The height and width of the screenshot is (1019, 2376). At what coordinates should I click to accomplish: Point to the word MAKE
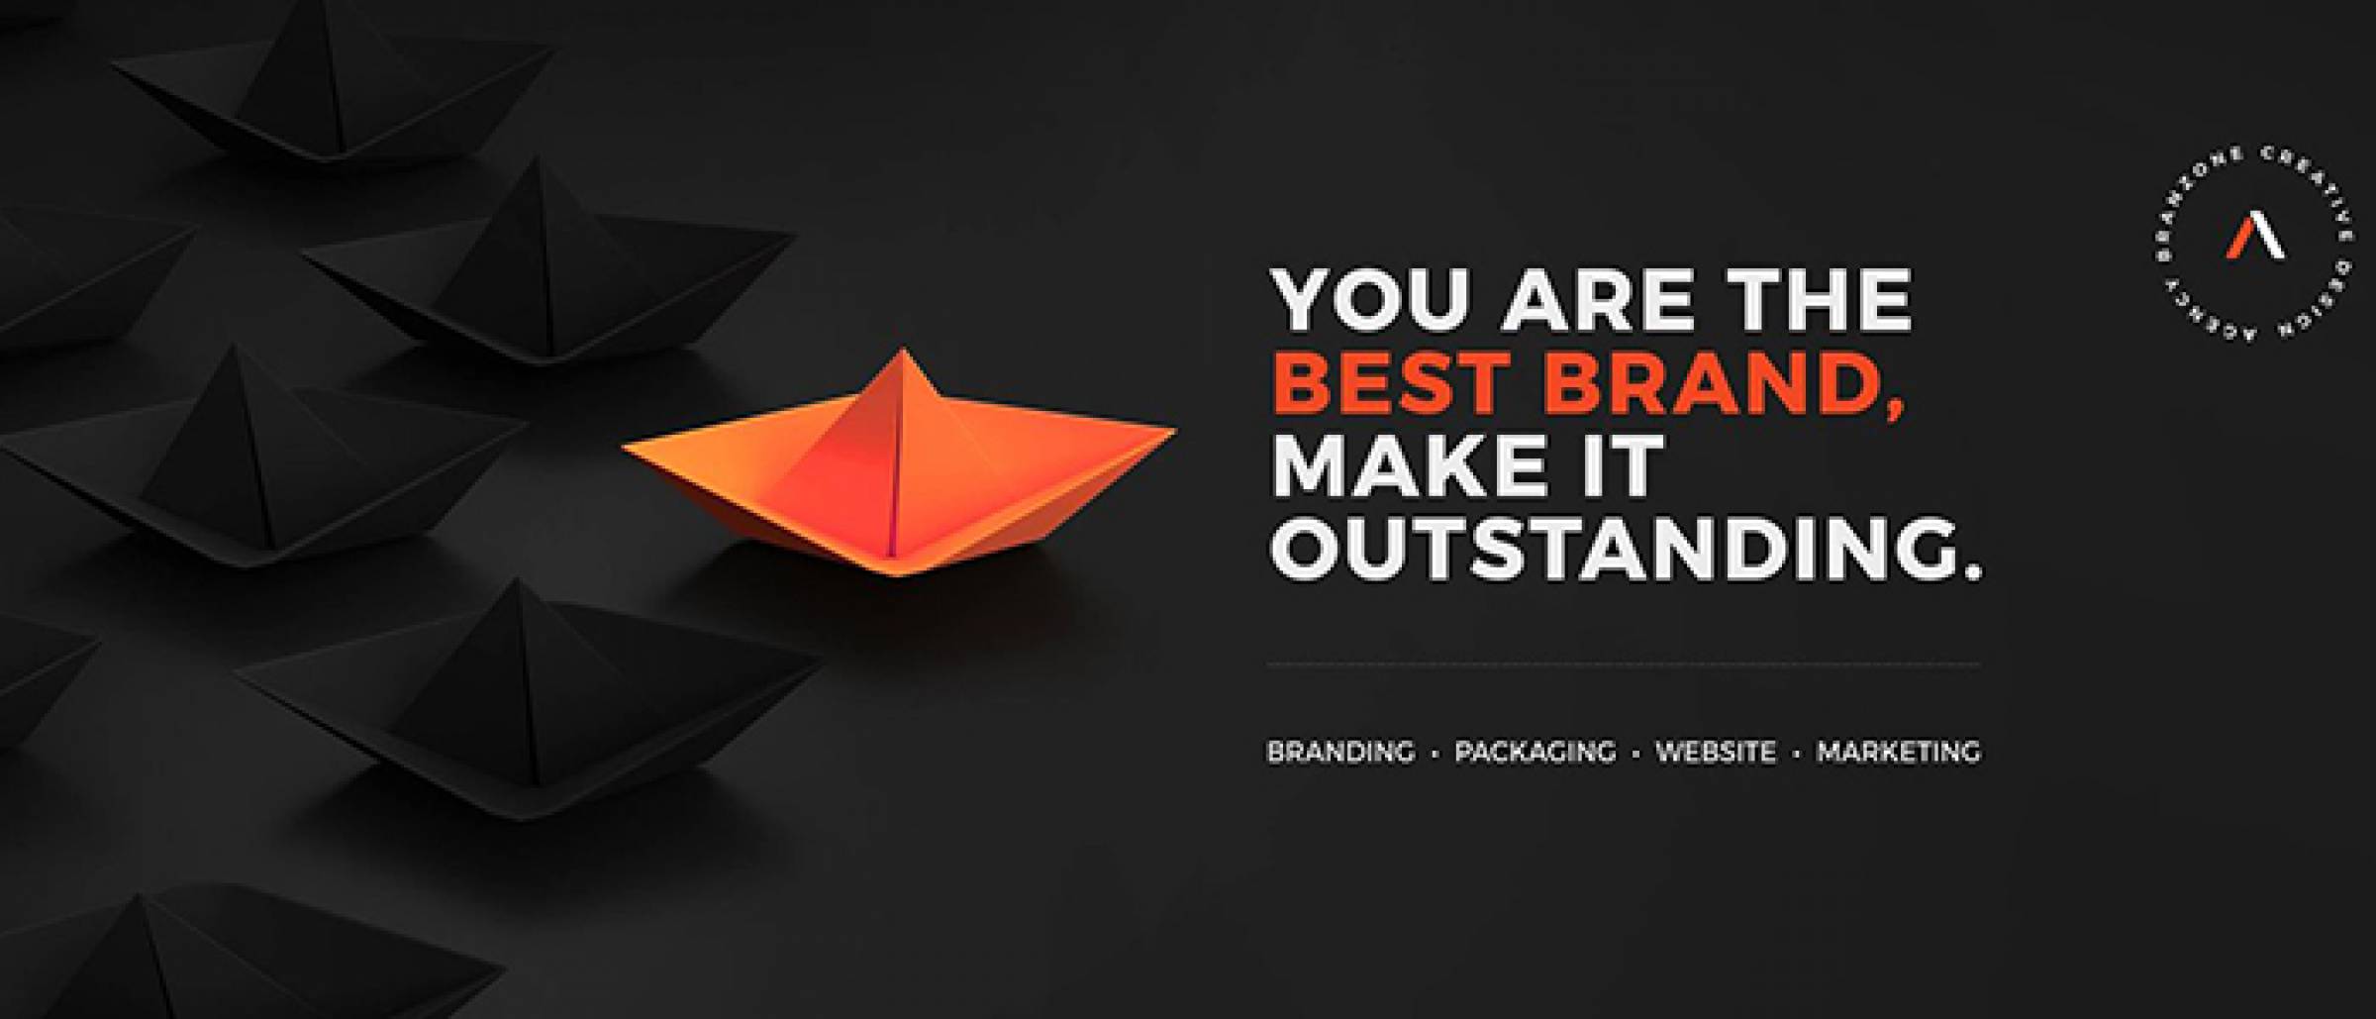pyautogui.click(x=1414, y=462)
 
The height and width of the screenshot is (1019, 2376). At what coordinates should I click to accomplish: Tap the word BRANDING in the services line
pyautogui.click(x=1340, y=752)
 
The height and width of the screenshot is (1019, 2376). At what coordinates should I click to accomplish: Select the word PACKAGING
pyautogui.click(x=1534, y=752)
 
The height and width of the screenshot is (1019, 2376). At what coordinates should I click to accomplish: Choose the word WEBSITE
pyautogui.click(x=1716, y=752)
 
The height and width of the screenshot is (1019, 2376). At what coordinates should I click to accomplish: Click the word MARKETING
pyautogui.click(x=1899, y=752)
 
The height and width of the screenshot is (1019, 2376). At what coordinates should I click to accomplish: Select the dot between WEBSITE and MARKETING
pyautogui.click(x=1796, y=754)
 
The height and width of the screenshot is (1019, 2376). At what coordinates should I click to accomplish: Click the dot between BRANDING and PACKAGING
pyautogui.click(x=1435, y=754)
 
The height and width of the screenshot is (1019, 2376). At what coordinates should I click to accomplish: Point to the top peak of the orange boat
pyautogui.click(x=901, y=349)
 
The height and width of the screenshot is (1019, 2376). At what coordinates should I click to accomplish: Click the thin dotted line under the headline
pyautogui.click(x=1624, y=664)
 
